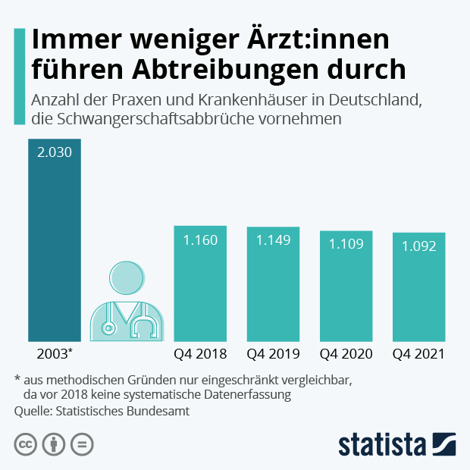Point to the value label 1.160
(x=200, y=240)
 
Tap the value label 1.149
(x=273, y=240)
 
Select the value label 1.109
(x=346, y=244)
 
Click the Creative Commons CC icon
(x=26, y=444)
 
